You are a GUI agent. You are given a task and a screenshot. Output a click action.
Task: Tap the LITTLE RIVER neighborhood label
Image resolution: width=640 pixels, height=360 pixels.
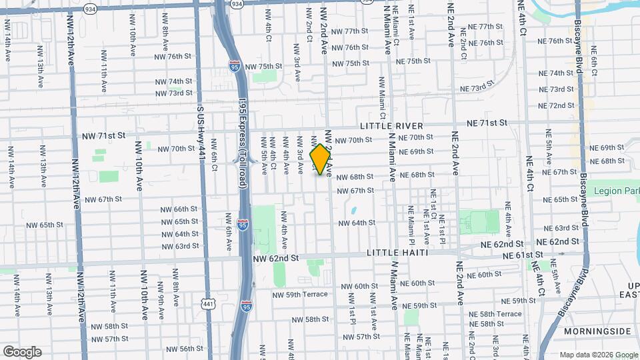click(x=391, y=126)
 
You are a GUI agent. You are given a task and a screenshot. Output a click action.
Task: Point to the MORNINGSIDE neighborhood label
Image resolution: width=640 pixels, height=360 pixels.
click(x=597, y=331)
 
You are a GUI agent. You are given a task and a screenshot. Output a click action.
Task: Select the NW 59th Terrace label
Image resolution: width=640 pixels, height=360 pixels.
click(x=300, y=294)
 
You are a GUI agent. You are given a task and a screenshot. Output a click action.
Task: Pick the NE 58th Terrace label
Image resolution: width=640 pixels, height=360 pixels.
click(x=495, y=313)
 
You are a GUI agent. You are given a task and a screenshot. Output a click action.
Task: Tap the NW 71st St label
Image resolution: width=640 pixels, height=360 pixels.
click(x=104, y=135)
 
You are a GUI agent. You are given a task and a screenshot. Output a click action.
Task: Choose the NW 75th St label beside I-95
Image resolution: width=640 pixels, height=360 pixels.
click(x=264, y=67)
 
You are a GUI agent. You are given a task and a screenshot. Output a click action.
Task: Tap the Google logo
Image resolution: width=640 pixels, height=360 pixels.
click(x=22, y=352)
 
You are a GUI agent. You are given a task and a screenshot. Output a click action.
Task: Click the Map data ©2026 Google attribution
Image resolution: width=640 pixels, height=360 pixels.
click(x=598, y=355)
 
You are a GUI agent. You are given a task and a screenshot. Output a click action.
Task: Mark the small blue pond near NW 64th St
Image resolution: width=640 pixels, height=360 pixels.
click(x=353, y=211)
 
